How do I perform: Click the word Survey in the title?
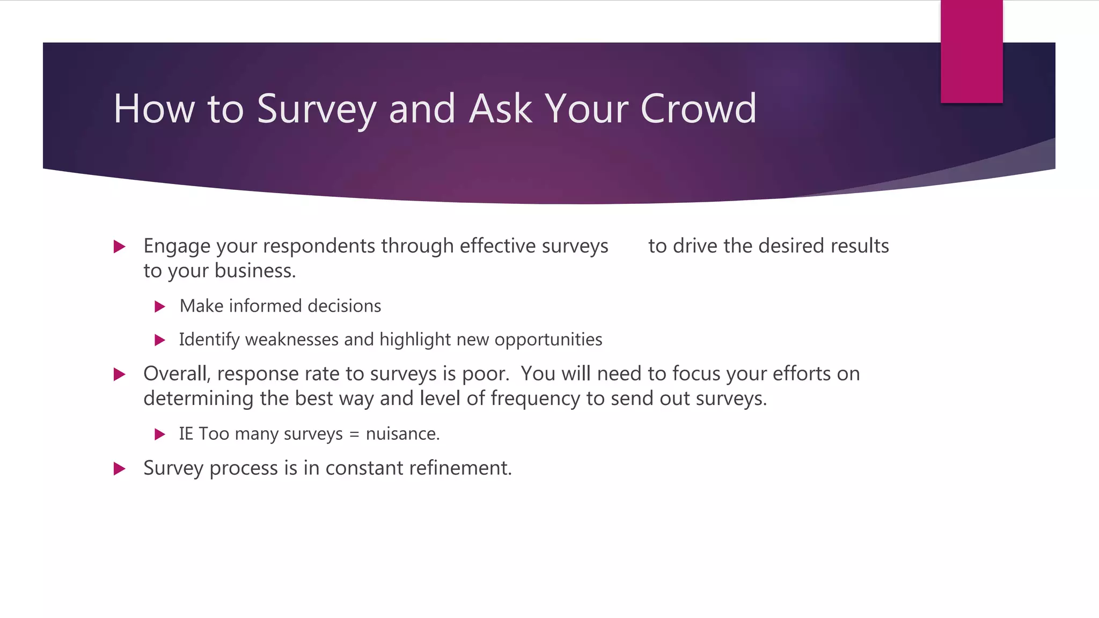[x=316, y=109]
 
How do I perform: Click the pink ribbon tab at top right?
[x=971, y=51]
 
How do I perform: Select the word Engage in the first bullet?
[x=177, y=246]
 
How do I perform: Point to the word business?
[x=255, y=271]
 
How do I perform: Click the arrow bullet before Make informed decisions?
[x=160, y=307]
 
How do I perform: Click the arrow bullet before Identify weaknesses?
[x=160, y=340]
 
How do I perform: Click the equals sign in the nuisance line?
[x=354, y=435]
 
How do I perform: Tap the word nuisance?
[x=402, y=433]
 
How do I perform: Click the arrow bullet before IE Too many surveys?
[x=160, y=435]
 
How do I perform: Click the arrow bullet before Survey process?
[x=120, y=469]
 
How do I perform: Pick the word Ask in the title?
[x=501, y=109]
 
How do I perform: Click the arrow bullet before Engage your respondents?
[x=120, y=247]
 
